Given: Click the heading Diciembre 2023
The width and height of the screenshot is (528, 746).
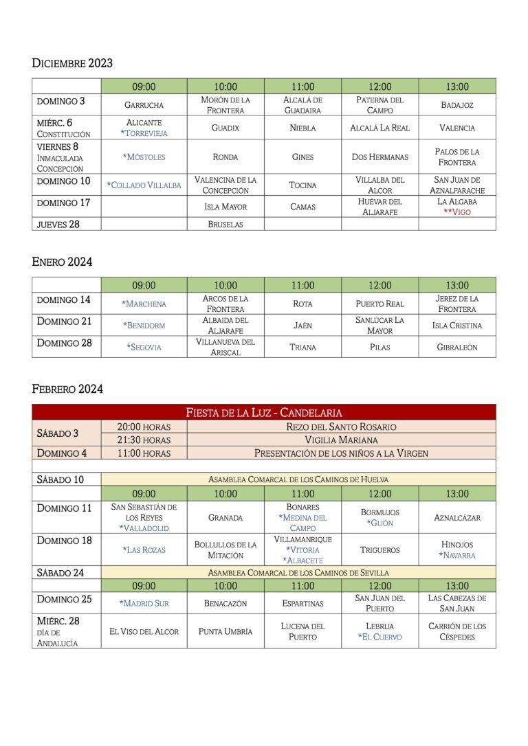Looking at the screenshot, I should coord(72,63).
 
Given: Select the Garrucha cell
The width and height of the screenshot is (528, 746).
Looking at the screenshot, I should coord(144,105).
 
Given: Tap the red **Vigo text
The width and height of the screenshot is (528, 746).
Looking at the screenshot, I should coord(456,212).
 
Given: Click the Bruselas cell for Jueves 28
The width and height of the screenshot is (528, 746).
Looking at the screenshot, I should coord(225,224).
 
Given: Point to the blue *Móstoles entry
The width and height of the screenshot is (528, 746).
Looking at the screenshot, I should coord(144,157).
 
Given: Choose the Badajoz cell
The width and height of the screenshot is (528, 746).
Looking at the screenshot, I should coord(456,105).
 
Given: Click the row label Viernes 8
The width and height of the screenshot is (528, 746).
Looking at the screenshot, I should coord(58,146).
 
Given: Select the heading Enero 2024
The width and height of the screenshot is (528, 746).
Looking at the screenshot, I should coord(62,262).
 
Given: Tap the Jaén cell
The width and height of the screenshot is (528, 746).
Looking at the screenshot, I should coord(302,326).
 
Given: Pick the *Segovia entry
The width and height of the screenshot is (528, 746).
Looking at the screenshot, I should coord(144,347).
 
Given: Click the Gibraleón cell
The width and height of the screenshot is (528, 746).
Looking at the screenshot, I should coord(456,347).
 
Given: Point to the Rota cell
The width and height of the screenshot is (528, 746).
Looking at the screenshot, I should coord(302,304).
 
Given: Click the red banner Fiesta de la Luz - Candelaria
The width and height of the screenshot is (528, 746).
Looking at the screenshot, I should coord(264,412).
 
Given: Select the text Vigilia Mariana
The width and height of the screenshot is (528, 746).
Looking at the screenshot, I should coord(341,440).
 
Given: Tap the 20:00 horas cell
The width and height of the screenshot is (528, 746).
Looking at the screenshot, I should coord(144,427).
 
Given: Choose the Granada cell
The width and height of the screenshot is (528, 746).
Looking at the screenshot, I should coord(225,517).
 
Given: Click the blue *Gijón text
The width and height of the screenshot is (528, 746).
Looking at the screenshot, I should coord(379,523).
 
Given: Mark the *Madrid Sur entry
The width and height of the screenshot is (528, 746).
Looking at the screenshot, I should coord(144,603).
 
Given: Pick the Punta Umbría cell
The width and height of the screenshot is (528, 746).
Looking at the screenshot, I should coord(225,631).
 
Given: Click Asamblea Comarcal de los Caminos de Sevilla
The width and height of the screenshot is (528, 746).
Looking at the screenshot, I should coord(298,572).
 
